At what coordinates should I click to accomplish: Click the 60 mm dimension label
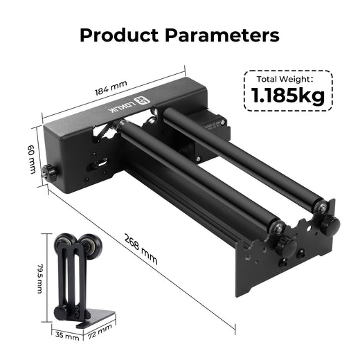pos(31,160)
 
